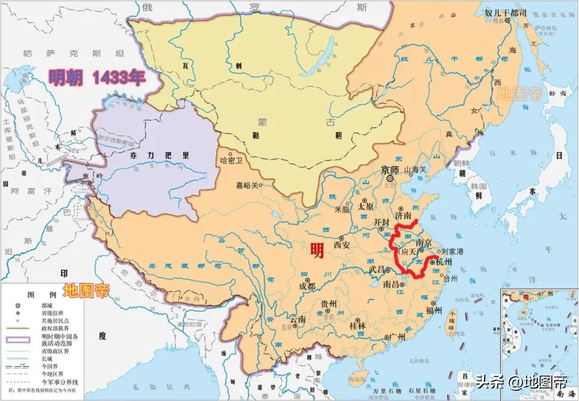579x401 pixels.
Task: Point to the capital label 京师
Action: [390, 170]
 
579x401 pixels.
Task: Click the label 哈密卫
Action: [232, 160]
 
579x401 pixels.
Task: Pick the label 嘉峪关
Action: [247, 185]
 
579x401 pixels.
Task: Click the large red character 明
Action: [317, 250]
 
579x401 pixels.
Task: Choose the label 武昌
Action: [376, 270]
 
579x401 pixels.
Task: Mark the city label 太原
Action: [367, 206]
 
